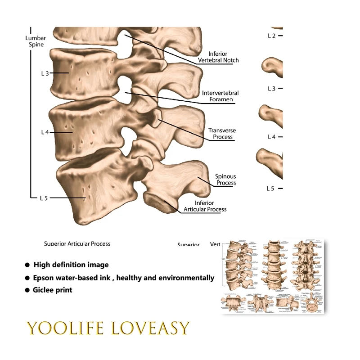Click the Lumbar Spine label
[35, 41]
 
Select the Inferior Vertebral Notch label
[218, 57]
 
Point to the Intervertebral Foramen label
[220, 96]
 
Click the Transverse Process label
[222, 134]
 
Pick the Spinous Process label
[225, 180]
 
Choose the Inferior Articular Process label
[205, 206]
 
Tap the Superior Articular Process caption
[77, 244]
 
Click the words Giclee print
[52, 290]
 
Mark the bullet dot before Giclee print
[27, 291]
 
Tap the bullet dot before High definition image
[27, 265]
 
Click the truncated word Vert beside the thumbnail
[215, 244]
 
